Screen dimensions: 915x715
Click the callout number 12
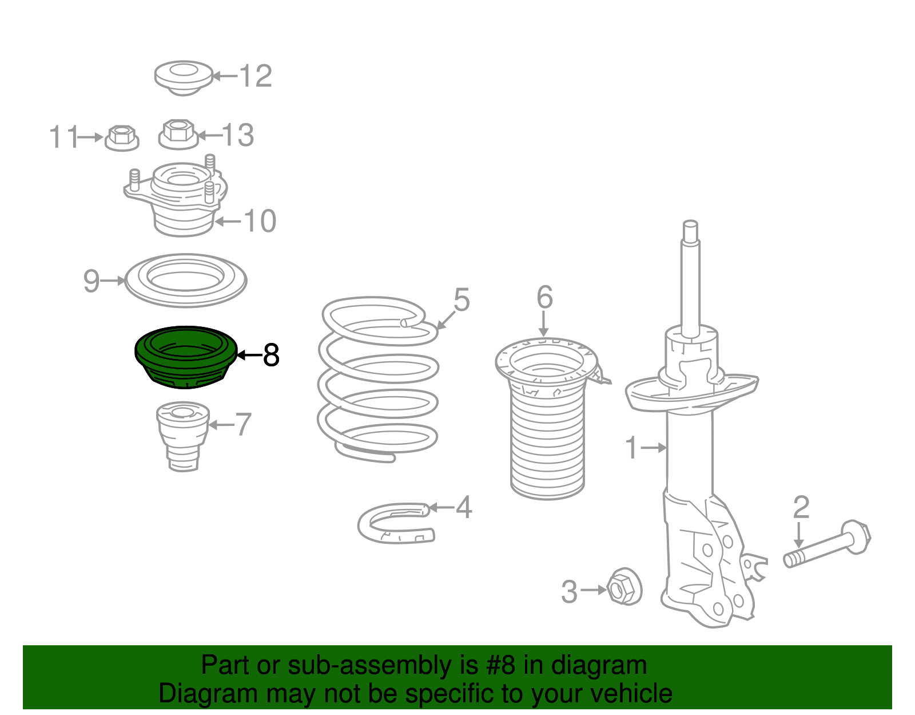point(256,76)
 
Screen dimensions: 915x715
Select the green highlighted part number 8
point(186,357)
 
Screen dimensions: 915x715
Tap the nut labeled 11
point(122,138)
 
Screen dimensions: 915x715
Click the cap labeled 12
point(183,79)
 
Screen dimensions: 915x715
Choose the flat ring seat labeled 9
point(186,280)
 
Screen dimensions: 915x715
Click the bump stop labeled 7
point(183,436)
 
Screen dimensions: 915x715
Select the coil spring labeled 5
point(378,379)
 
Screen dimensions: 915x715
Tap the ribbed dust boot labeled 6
point(547,417)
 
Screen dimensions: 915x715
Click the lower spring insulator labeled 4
point(396,523)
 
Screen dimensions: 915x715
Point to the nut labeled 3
point(624,588)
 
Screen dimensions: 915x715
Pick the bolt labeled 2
point(827,544)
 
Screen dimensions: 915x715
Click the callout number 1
point(631,447)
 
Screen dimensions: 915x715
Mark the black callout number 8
point(270,355)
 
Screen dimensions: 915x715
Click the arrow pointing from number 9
point(113,280)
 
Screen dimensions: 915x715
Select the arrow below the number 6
point(544,323)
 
